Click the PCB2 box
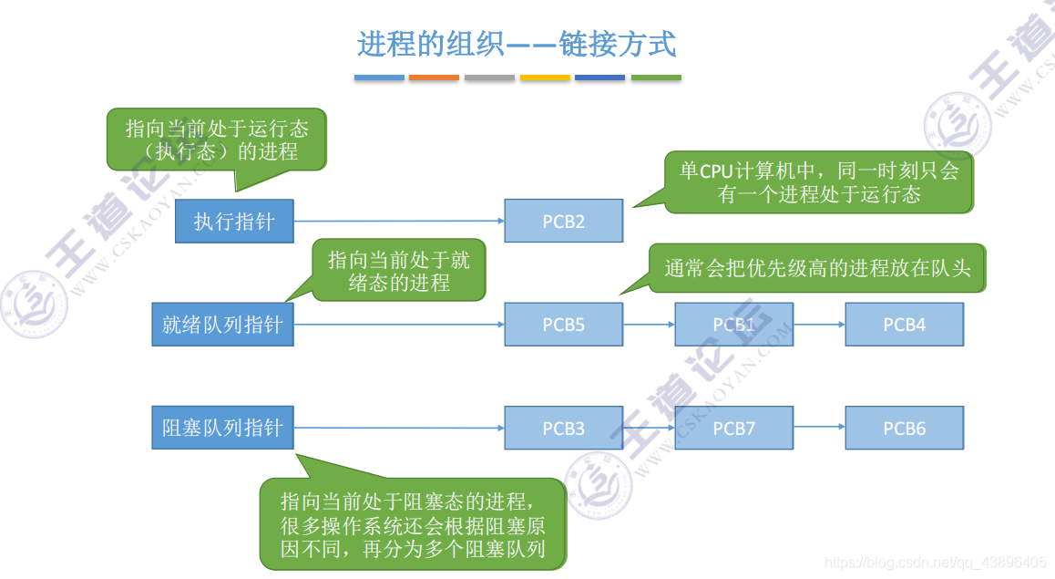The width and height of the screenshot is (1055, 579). (x=563, y=221)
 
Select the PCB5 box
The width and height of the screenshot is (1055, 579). (x=563, y=325)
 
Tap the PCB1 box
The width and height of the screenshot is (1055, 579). (x=733, y=325)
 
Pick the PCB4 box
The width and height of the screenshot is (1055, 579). (x=904, y=325)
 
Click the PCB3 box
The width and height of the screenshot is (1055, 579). (x=563, y=429)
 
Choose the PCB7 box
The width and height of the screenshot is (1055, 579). (x=733, y=429)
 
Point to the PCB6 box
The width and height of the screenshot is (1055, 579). (x=904, y=429)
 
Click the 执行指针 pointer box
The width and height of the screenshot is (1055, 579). (x=235, y=221)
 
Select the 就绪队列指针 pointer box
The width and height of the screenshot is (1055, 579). (x=222, y=325)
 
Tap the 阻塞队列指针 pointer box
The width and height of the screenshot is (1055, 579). (x=222, y=429)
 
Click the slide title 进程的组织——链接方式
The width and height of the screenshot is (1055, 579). (x=517, y=44)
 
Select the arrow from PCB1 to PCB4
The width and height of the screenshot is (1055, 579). (x=819, y=325)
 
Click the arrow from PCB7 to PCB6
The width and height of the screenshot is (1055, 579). (x=819, y=429)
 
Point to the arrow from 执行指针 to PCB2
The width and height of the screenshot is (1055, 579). (x=399, y=221)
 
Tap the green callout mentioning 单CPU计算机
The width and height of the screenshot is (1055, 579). (x=818, y=182)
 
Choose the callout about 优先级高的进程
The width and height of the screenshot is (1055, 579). (x=817, y=268)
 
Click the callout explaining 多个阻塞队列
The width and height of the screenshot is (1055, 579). (x=413, y=524)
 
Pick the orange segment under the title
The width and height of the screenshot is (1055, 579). (x=434, y=78)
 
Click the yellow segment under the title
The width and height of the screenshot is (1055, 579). (x=545, y=78)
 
